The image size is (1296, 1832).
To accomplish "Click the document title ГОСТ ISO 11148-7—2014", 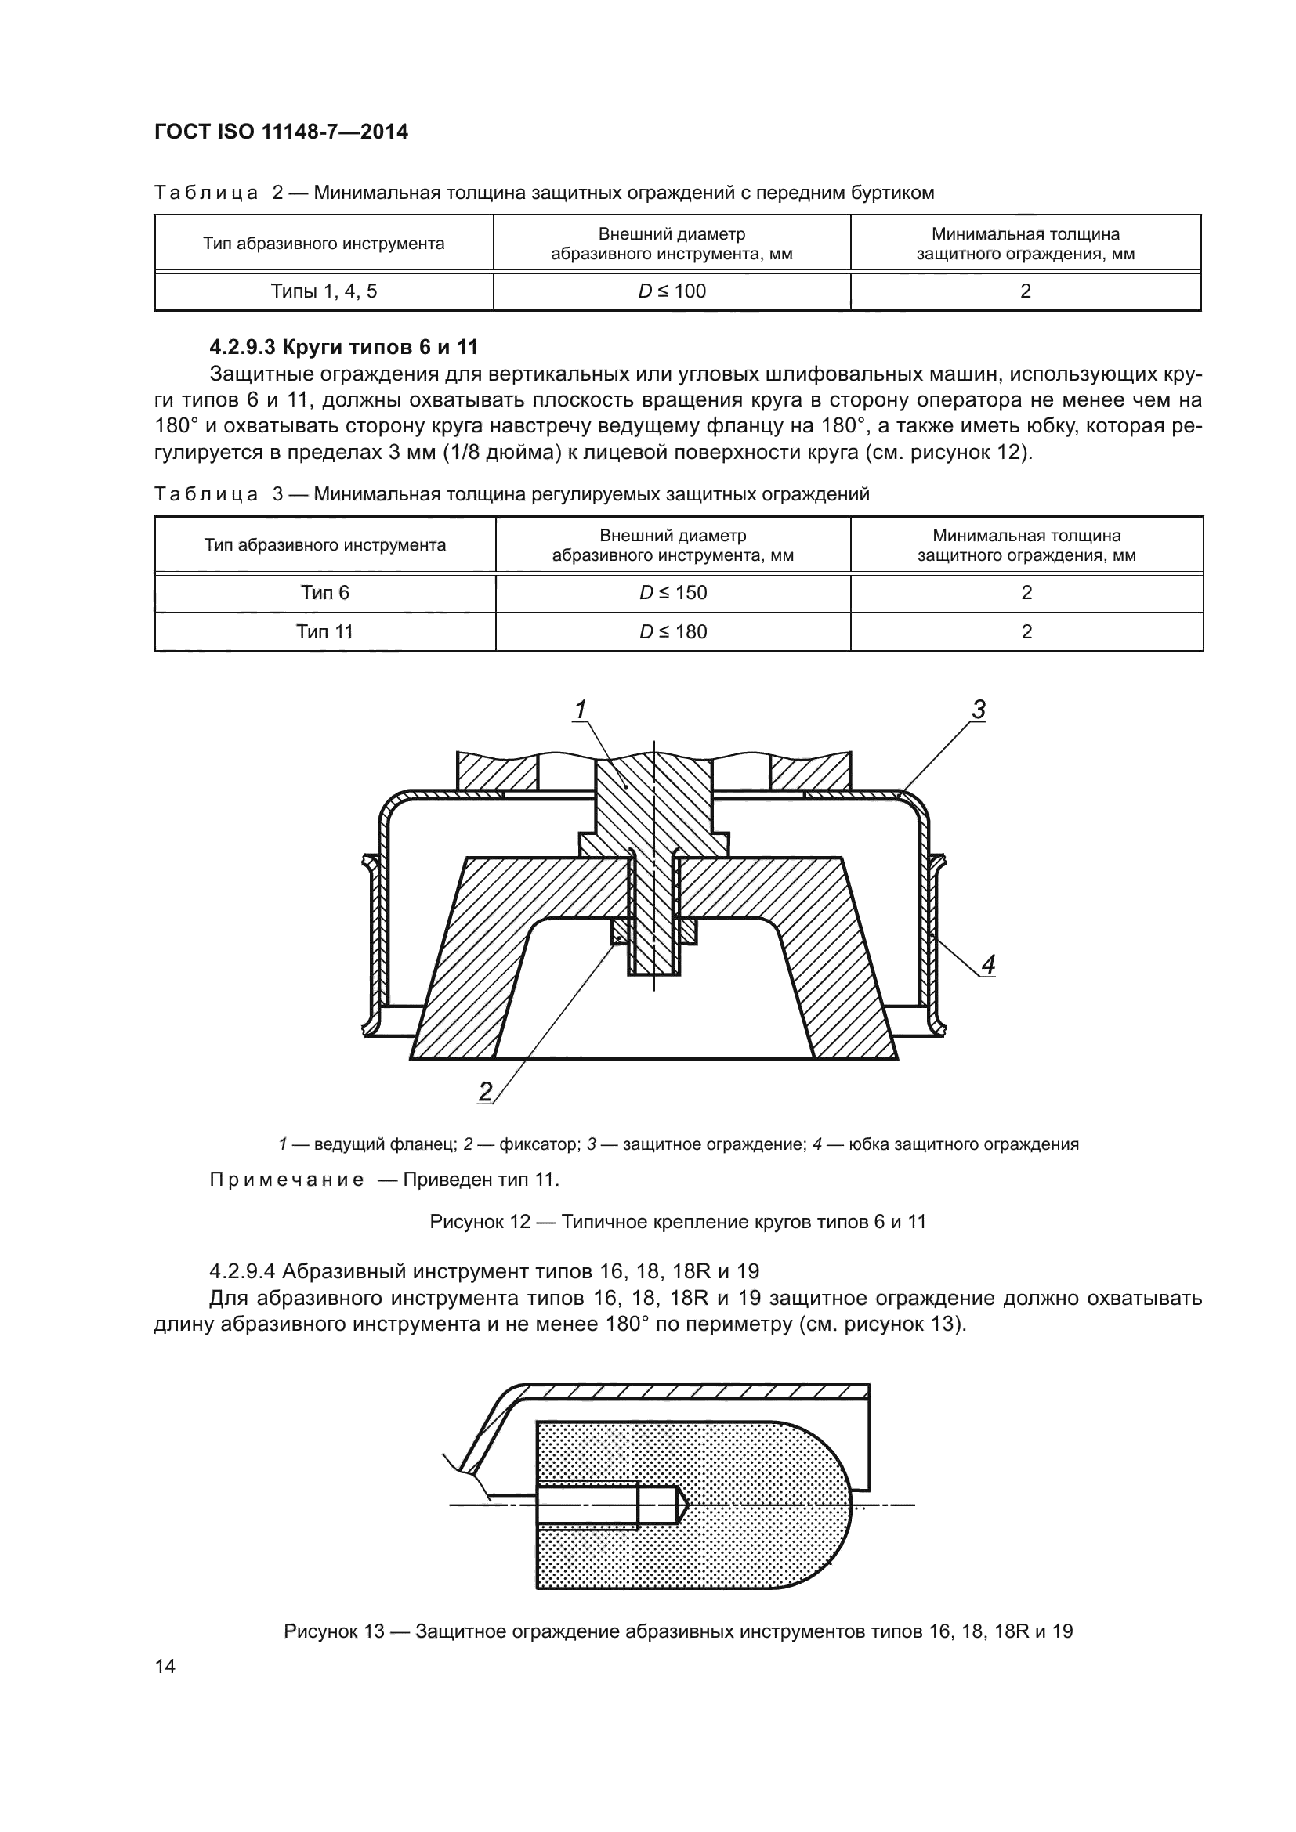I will pyautogui.click(x=281, y=132).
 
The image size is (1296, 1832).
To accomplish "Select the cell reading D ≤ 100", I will pyautogui.click(x=672, y=291).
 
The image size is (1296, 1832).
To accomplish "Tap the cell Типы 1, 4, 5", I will pyautogui.click(x=324, y=291).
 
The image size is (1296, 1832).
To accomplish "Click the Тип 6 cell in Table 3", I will pyautogui.click(x=325, y=592).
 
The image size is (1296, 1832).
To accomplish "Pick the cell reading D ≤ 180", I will pyautogui.click(x=673, y=632).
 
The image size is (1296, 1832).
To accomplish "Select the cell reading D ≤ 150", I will pyautogui.click(x=673, y=592).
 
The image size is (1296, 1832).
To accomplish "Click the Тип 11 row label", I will pyautogui.click(x=325, y=632).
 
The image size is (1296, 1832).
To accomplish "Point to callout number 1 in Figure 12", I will pyautogui.click(x=580, y=709).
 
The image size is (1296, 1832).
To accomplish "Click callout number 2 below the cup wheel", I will pyautogui.click(x=485, y=1091).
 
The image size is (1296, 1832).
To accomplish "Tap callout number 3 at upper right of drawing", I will pyautogui.click(x=979, y=709).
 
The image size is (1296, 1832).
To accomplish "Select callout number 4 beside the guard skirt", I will pyautogui.click(x=988, y=965).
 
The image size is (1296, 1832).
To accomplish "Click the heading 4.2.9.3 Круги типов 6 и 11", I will pyautogui.click(x=343, y=347).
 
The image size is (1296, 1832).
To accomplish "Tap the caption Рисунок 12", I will pyautogui.click(x=678, y=1222).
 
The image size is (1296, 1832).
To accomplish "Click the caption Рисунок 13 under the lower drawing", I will pyautogui.click(x=678, y=1631).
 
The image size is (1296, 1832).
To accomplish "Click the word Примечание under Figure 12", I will pyautogui.click(x=287, y=1180).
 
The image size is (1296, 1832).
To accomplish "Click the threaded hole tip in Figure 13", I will pyautogui.click(x=682, y=1505).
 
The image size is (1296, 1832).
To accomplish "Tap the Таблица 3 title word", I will pyautogui.click(x=206, y=494).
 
